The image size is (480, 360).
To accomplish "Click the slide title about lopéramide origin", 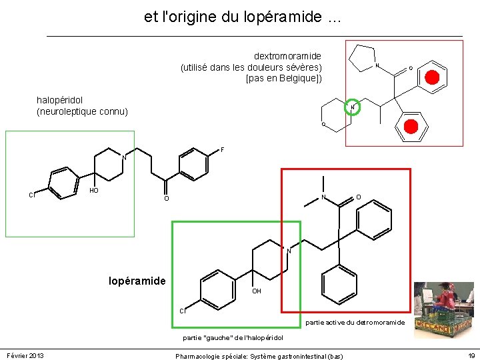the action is pos(242,18).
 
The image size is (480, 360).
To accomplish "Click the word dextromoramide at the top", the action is pos(287,56).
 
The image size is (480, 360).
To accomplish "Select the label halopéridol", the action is pos(61,100).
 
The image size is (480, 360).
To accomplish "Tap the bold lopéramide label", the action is pos(137,281).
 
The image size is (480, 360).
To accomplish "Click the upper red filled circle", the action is pos(432,78).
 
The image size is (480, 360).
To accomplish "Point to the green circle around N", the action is pos(353,107).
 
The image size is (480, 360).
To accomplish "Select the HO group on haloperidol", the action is pos(94,191).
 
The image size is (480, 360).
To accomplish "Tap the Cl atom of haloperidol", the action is pos(31,195).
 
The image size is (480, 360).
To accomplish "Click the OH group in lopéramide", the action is pos(257,291).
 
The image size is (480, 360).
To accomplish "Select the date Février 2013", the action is pos(25,356).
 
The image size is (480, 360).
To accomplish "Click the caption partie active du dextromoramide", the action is pos(355,323).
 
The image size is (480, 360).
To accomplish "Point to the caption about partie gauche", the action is pos(233,338).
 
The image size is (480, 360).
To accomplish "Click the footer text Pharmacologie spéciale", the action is pos(259,357).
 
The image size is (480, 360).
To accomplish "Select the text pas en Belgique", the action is pos(284,78).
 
